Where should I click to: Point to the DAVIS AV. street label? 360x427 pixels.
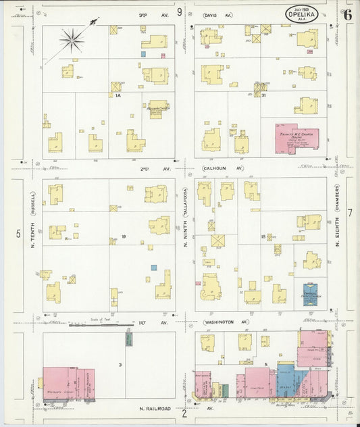tap(218, 14)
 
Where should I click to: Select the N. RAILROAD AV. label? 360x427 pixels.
tap(162, 409)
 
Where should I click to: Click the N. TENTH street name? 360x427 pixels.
tap(32, 241)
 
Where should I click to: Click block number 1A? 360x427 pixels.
tap(118, 96)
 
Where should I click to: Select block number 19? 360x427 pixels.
tap(124, 236)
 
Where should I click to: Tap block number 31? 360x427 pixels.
tap(264, 95)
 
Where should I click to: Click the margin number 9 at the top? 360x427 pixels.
tap(180, 11)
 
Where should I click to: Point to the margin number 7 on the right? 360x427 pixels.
tap(349, 213)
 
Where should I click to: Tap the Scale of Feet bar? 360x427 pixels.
tap(102, 326)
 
